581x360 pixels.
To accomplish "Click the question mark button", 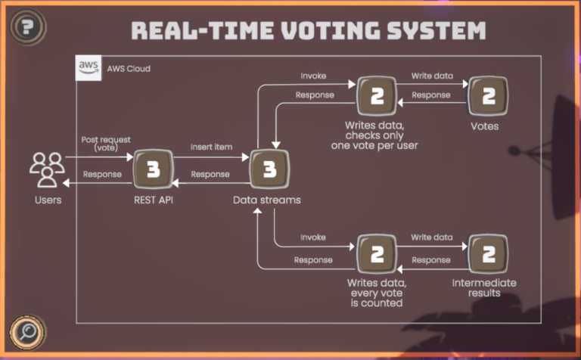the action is (28, 27).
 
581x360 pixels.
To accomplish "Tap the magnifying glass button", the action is (28, 332).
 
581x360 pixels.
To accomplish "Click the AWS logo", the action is (89, 68).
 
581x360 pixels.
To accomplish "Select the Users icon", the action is (48, 169).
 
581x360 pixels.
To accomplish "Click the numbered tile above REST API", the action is (153, 169).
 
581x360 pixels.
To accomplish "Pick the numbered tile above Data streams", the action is (269, 169).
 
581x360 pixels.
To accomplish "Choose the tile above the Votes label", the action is (488, 96).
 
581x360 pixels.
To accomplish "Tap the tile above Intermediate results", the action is (488, 254).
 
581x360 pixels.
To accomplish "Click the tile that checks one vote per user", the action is (377, 96).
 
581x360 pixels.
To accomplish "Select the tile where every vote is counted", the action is (377, 254).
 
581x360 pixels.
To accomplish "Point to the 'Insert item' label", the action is (212, 147).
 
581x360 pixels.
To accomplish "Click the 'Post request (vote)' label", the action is (106, 144).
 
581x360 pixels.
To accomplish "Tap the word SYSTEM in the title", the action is (437, 30).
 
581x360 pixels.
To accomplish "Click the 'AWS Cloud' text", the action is (129, 69).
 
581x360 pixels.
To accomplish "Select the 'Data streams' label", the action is (267, 200).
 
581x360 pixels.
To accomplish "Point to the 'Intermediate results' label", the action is (484, 288).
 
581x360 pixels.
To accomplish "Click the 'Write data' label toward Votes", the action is (432, 76).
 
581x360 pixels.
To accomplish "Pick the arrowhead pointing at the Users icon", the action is (66, 183).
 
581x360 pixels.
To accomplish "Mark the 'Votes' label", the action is (485, 126).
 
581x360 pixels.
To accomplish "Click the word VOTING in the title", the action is (331, 30).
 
